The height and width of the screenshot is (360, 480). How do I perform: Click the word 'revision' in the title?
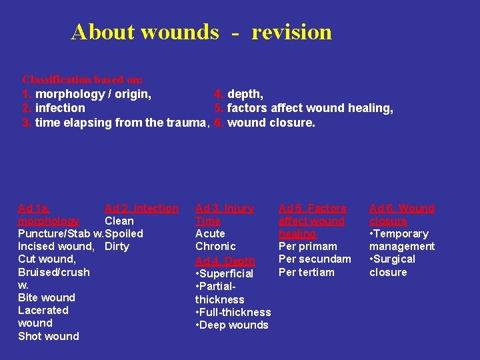291,32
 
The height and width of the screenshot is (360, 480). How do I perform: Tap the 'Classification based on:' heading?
83,79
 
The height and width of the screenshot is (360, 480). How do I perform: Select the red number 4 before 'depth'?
218,94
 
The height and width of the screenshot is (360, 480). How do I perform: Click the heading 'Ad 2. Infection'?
141,209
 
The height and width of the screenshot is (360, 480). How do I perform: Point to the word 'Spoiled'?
124,234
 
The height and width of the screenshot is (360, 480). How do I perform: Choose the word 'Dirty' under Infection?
117,247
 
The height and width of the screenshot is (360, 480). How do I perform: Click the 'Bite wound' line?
47,297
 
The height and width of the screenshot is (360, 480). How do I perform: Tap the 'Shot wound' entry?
49,336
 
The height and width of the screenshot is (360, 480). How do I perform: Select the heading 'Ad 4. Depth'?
225,261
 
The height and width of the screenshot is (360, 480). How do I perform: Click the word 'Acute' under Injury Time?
210,234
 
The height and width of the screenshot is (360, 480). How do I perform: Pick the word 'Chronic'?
215,247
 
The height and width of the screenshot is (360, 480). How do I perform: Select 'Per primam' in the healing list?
308,247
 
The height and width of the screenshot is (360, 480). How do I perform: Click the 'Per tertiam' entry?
307,272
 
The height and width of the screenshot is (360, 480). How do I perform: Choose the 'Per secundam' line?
315,259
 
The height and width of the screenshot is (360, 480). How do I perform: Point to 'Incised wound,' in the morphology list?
56,247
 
